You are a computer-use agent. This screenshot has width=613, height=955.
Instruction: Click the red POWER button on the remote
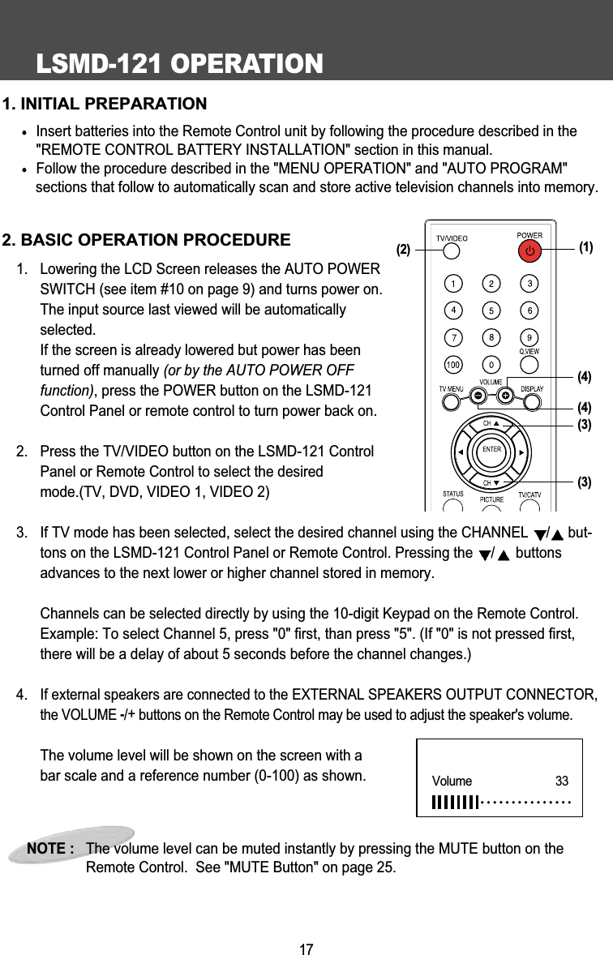click(x=529, y=251)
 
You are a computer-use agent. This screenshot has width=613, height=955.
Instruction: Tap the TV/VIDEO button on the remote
click(x=452, y=252)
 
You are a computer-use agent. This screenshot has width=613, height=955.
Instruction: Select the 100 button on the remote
click(x=452, y=365)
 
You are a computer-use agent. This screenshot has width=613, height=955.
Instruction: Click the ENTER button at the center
click(x=492, y=450)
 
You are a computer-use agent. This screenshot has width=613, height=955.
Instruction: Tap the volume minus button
click(x=478, y=395)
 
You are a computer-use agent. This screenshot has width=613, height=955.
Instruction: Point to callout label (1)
click(x=587, y=247)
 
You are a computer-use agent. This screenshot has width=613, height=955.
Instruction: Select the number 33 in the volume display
click(x=561, y=782)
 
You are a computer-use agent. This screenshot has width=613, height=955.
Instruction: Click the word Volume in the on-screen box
click(x=452, y=782)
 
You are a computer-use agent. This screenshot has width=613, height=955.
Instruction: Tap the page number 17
click(x=306, y=949)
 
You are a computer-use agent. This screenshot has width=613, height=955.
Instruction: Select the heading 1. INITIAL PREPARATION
click(x=105, y=104)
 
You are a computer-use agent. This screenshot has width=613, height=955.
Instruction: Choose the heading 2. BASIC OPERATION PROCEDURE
click(x=146, y=241)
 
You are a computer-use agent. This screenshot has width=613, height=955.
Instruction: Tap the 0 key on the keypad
click(x=491, y=365)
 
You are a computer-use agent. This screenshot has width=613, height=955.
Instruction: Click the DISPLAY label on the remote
click(x=531, y=389)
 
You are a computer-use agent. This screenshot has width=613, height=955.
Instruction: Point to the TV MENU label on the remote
click(x=452, y=389)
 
